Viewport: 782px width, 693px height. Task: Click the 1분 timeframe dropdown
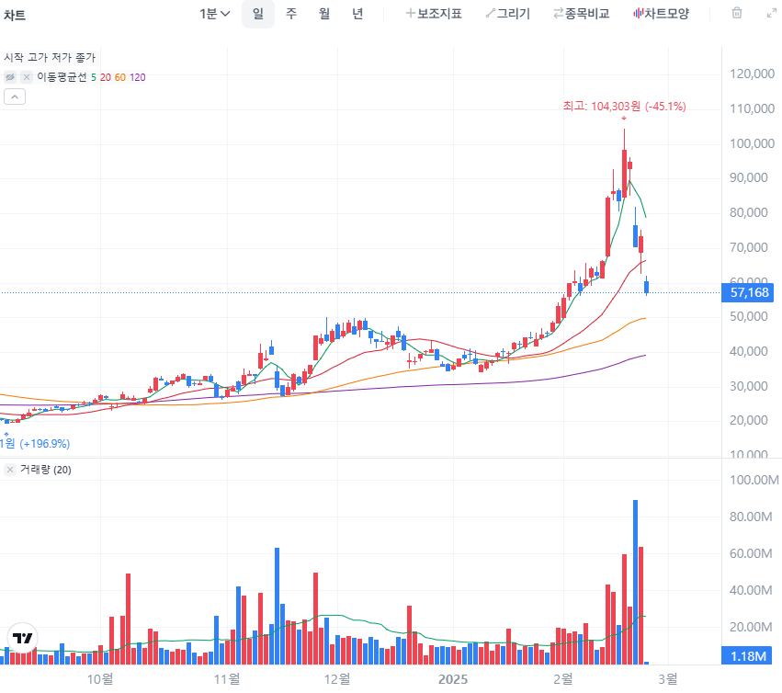pyautogui.click(x=214, y=14)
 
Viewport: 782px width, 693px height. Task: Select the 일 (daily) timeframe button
pyautogui.click(x=258, y=14)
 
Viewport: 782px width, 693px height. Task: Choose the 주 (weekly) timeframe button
pyautogui.click(x=291, y=14)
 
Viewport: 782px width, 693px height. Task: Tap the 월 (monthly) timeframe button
pyautogui.click(x=324, y=14)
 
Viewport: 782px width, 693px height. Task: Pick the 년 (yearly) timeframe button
pyautogui.click(x=357, y=14)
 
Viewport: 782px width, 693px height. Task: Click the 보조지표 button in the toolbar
pyautogui.click(x=434, y=14)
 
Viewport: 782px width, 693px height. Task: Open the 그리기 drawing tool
pyautogui.click(x=507, y=14)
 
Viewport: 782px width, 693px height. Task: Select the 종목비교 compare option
pyautogui.click(x=581, y=14)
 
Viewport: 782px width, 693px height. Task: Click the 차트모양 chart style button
pyautogui.click(x=661, y=14)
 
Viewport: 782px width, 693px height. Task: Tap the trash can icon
pyautogui.click(x=736, y=14)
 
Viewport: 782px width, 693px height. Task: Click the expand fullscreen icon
pyautogui.click(x=771, y=14)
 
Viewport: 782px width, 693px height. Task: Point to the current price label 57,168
pyautogui.click(x=750, y=293)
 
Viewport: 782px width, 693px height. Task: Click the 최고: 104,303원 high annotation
pyautogui.click(x=624, y=107)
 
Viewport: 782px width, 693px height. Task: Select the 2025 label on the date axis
pyautogui.click(x=453, y=679)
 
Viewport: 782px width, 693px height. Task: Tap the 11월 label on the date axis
pyautogui.click(x=225, y=679)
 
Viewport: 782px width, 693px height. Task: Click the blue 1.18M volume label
pyautogui.click(x=749, y=656)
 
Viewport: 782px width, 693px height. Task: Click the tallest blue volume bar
pyautogui.click(x=635, y=581)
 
